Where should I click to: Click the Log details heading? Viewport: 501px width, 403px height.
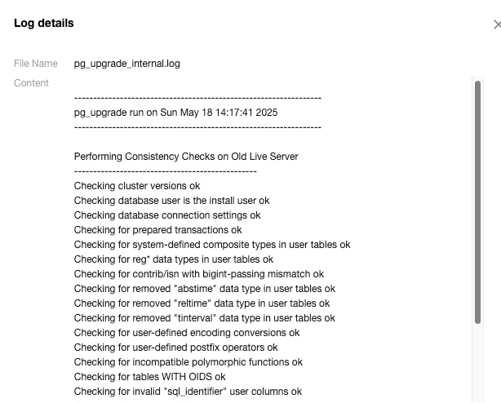pyautogui.click(x=44, y=23)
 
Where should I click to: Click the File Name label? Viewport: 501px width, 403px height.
pyautogui.click(x=36, y=64)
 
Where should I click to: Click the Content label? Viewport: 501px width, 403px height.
pyautogui.click(x=31, y=83)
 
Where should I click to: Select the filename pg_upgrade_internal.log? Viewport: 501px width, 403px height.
pyautogui.click(x=138, y=64)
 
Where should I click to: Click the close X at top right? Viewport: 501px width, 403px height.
pyautogui.click(x=497, y=25)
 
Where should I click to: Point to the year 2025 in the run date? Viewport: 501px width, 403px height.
pyautogui.click(x=266, y=113)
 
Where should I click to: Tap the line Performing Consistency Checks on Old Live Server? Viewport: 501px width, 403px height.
pyautogui.click(x=186, y=156)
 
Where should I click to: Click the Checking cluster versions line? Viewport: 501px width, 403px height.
pyautogui.click(x=136, y=186)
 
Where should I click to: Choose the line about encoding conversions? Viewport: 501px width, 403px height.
pyautogui.click(x=186, y=333)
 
